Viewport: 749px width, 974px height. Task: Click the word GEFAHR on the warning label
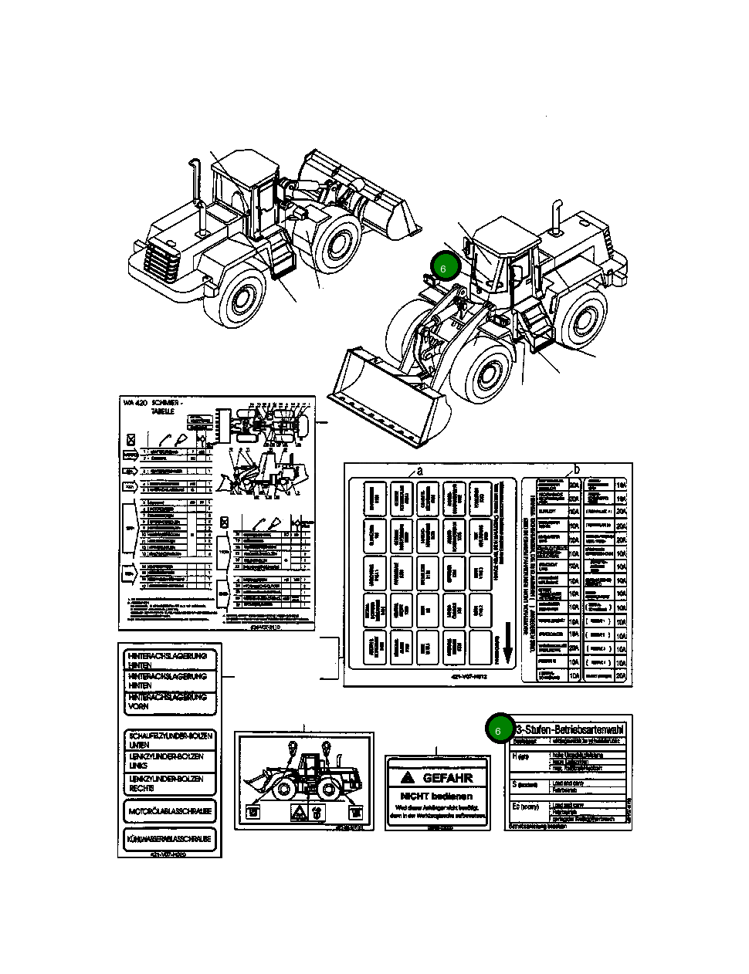coord(447,778)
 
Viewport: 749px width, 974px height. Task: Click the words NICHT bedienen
coord(436,795)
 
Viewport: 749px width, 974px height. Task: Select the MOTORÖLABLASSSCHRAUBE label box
coord(170,811)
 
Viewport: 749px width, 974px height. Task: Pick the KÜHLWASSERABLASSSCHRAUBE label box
coord(170,839)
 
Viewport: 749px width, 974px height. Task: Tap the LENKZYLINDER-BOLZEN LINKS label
coord(170,760)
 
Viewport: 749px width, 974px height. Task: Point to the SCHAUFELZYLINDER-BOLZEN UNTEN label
coord(170,740)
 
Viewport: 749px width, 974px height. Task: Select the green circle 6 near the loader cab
coord(446,267)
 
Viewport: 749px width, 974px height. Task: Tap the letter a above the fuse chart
coord(420,469)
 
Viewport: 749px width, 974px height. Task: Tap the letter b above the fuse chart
coord(576,469)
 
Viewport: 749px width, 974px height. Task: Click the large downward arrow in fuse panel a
coord(507,651)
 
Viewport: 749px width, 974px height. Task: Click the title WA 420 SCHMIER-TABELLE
coord(153,407)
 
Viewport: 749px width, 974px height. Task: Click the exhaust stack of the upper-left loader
coord(195,193)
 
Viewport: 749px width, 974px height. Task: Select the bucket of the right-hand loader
coord(386,401)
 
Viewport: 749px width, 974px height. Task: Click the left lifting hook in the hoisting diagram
coord(292,748)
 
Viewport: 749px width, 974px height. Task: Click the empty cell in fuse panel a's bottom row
coord(480,647)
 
